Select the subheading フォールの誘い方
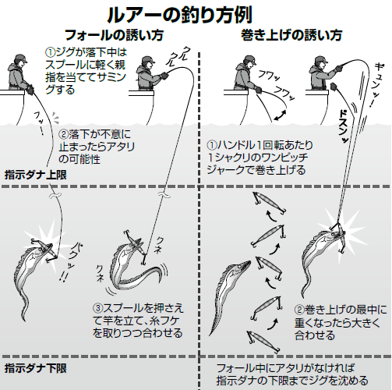[108, 35]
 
